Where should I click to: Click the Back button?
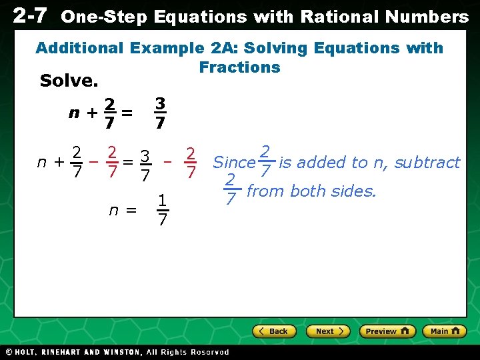tap(273, 331)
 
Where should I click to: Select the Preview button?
tap(387, 331)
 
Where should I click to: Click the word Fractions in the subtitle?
tap(239, 67)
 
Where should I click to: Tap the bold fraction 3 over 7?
tap(159, 113)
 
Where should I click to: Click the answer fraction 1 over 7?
tap(161, 210)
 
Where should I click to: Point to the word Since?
tap(234, 162)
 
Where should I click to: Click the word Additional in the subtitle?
tap(79, 48)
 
